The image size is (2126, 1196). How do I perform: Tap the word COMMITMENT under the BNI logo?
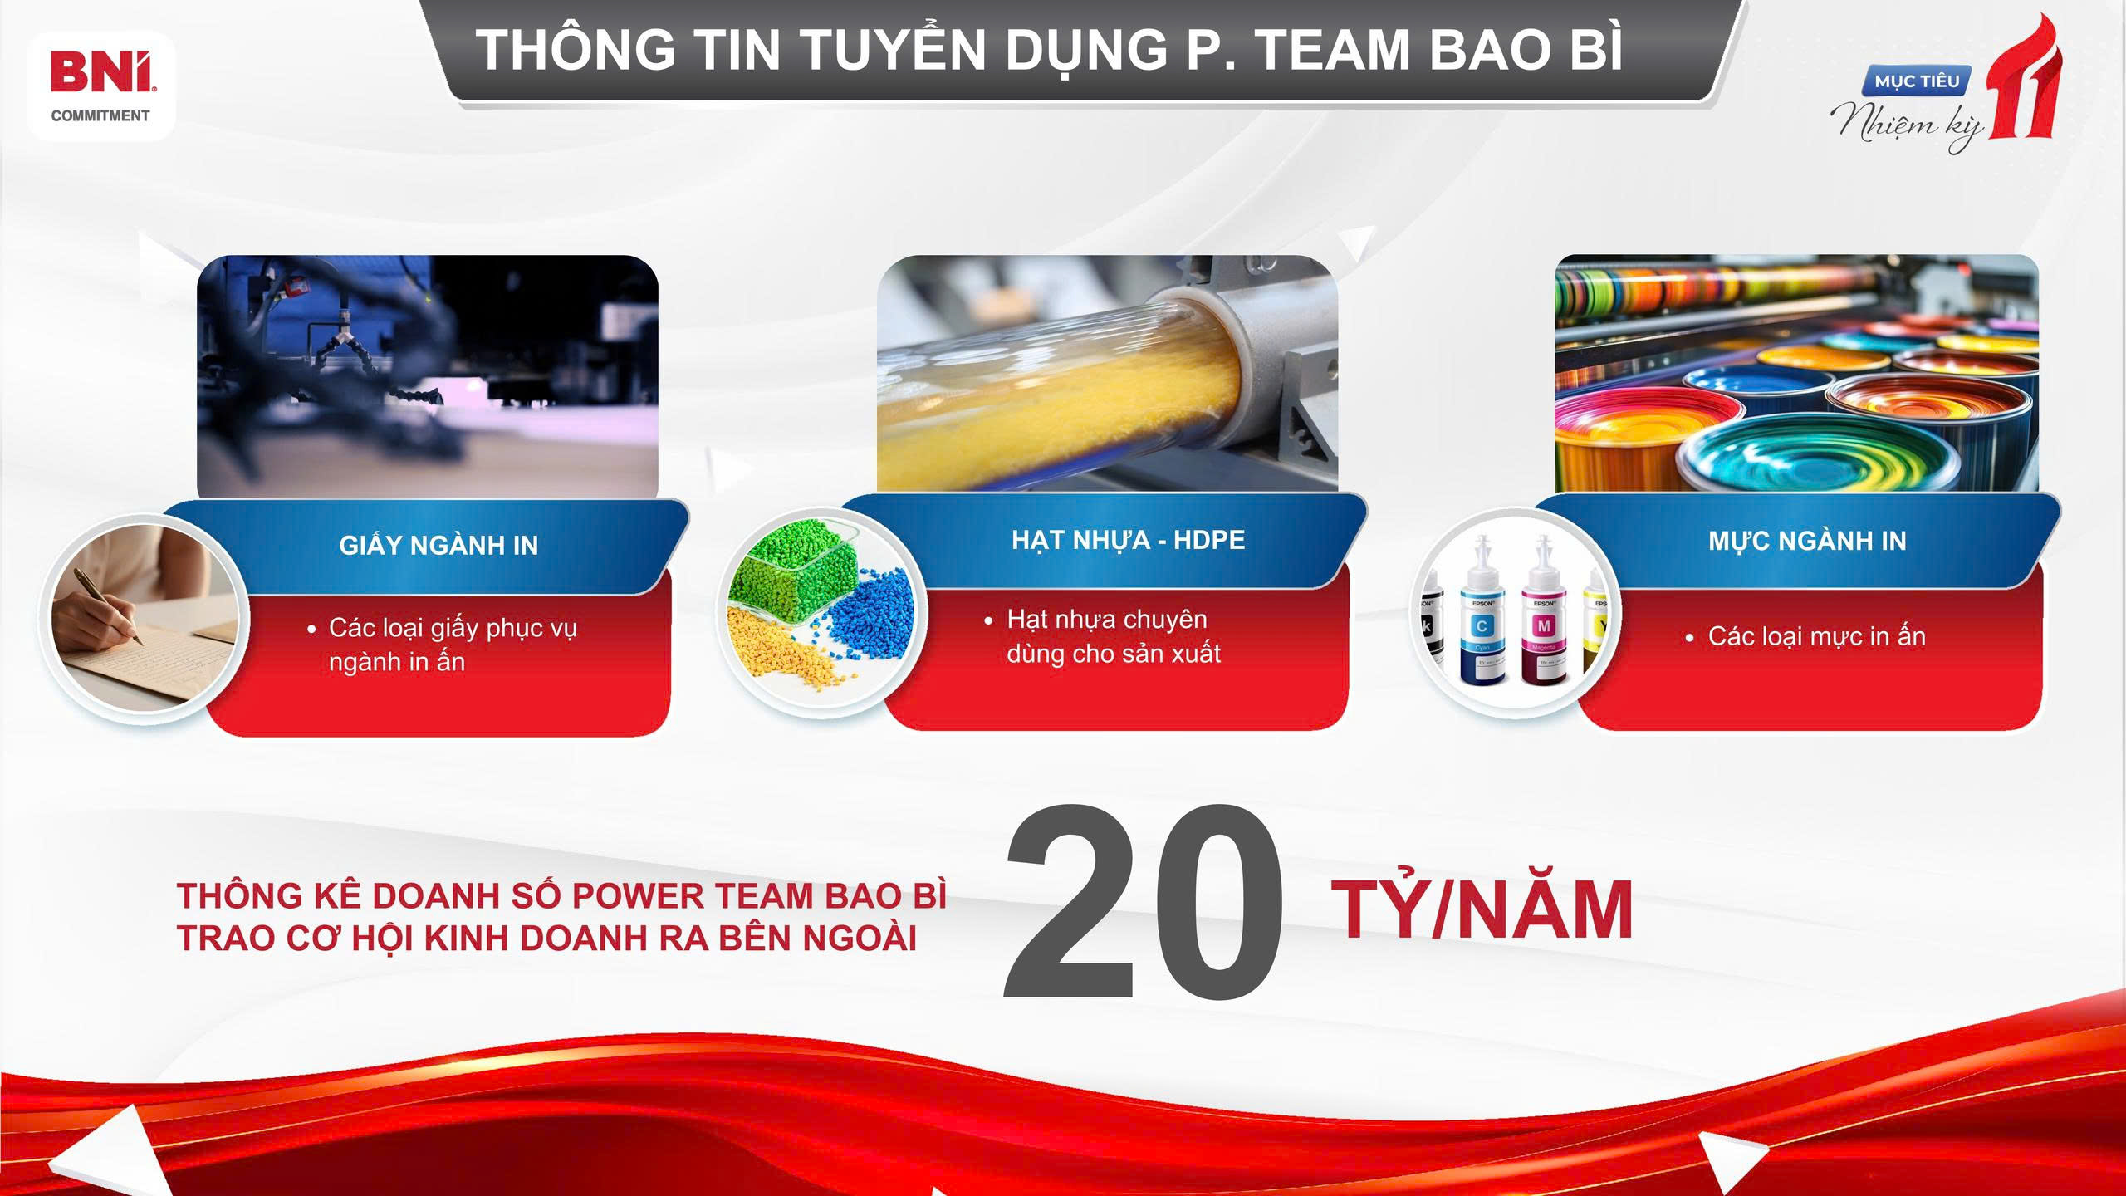[x=100, y=116]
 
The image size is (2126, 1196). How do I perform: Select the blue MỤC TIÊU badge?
[x=1918, y=81]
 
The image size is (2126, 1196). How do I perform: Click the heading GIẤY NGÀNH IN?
[x=438, y=544]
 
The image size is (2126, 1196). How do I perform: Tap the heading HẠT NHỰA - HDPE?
[x=1128, y=540]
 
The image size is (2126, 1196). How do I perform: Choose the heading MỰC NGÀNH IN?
[x=1807, y=541]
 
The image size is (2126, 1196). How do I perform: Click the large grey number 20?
[x=1144, y=902]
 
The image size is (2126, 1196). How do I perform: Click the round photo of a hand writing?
[x=144, y=619]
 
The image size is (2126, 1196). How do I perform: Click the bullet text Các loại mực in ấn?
[x=1816, y=636]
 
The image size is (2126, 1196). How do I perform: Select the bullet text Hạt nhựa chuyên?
[x=1106, y=619]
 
